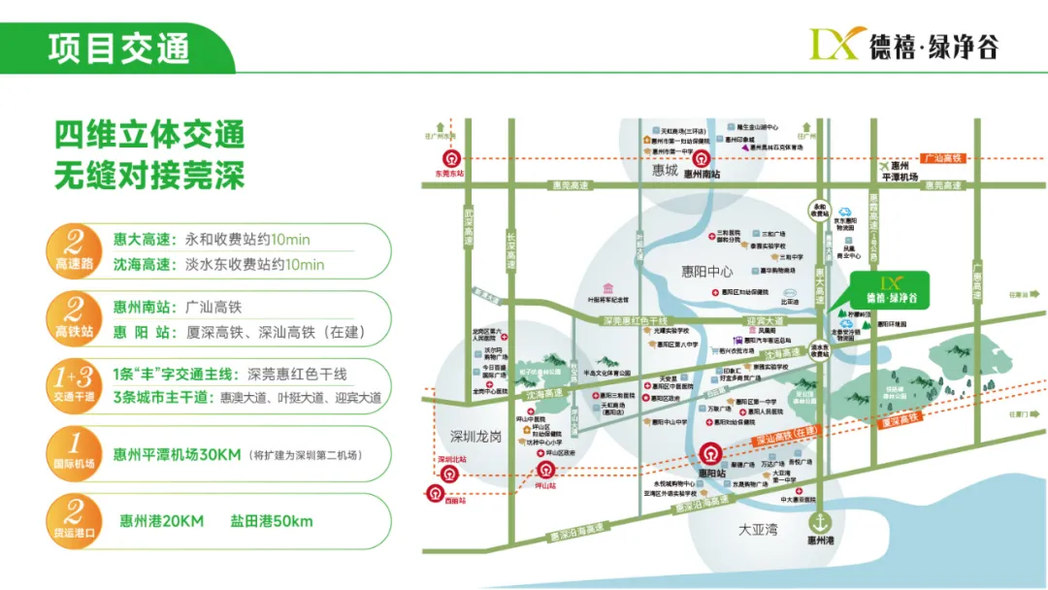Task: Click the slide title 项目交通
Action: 118,48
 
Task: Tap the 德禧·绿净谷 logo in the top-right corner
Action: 902,43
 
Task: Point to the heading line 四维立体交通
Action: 149,135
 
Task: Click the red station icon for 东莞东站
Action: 450,160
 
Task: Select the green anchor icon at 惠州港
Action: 821,524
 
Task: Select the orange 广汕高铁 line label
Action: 940,157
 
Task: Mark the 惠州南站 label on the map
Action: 706,174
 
